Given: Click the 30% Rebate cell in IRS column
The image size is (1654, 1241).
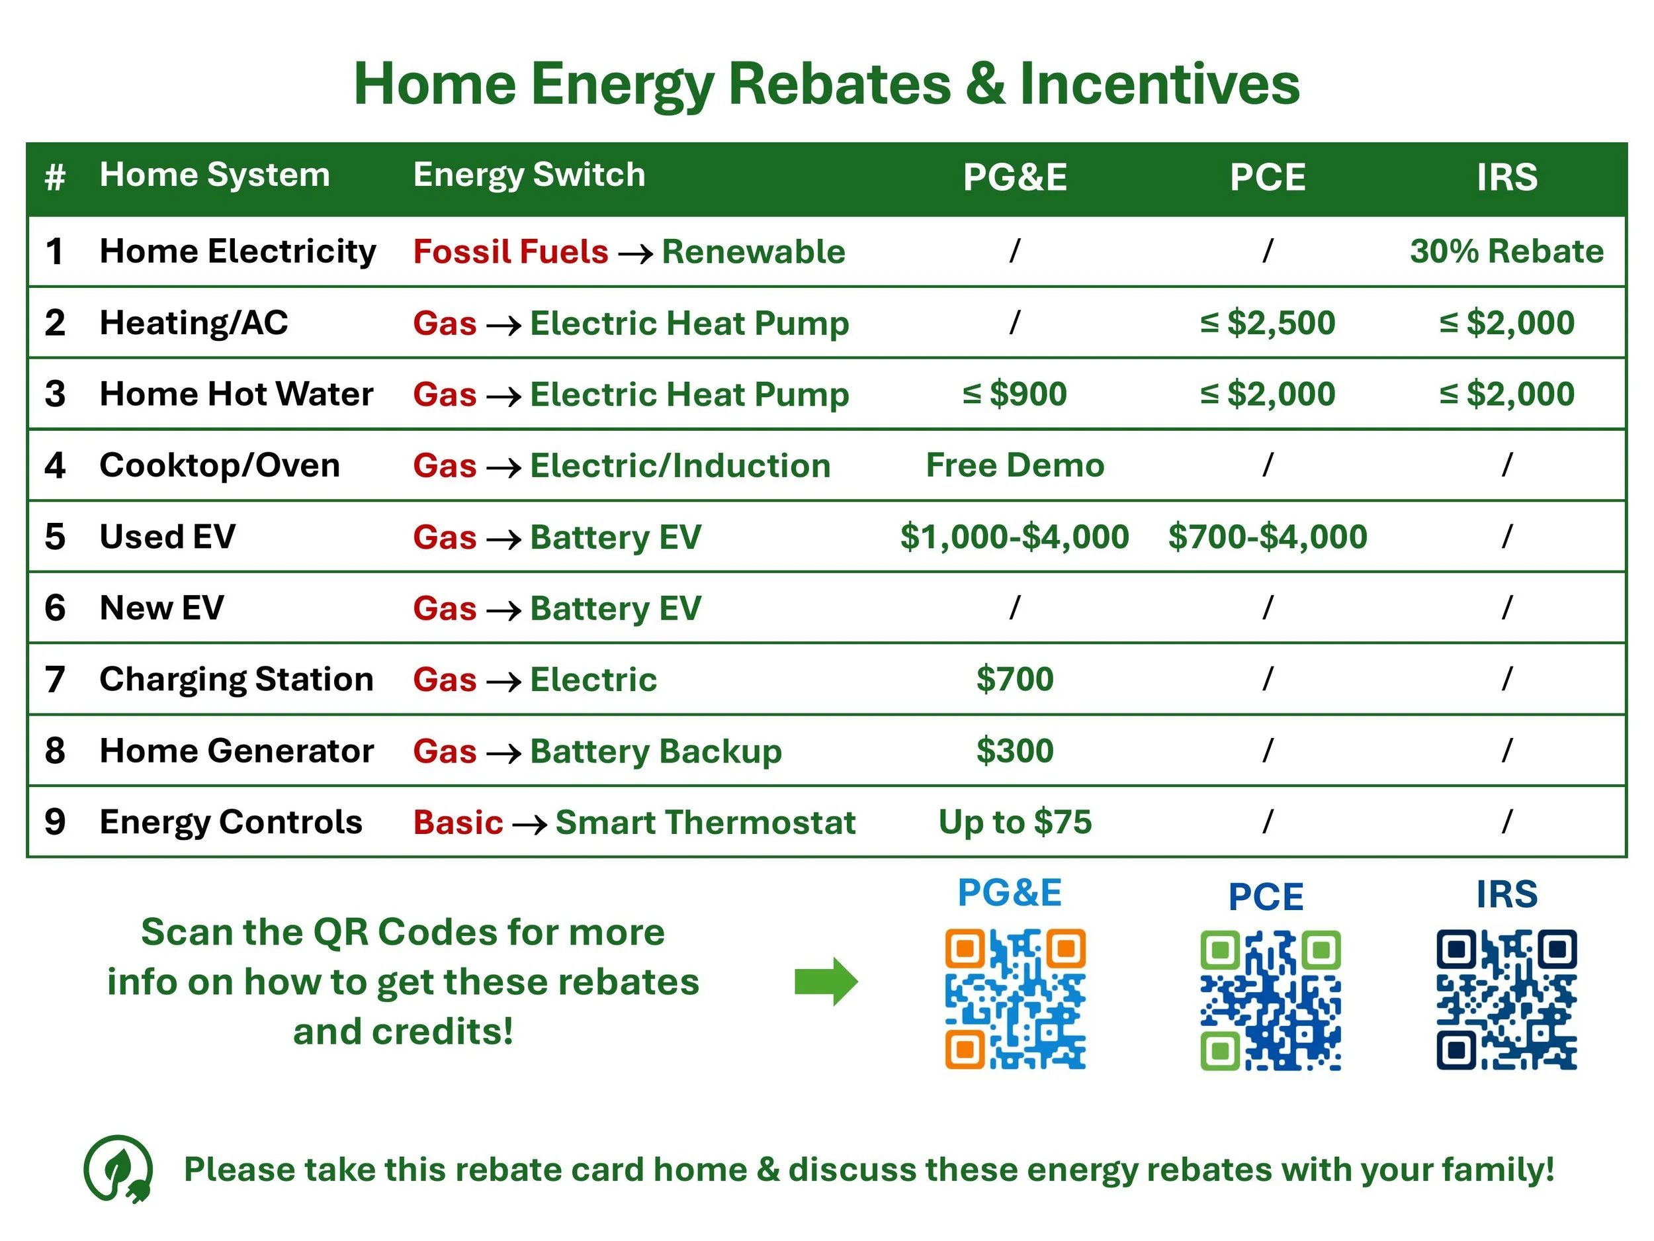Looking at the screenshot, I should click(1506, 252).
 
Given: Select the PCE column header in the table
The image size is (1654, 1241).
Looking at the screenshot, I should click(1268, 178).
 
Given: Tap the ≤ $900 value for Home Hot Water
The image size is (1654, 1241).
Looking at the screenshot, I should click(1014, 394).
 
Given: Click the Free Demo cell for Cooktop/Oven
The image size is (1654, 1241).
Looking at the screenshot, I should click(1015, 465).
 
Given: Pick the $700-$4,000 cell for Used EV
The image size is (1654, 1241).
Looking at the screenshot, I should click(1268, 537).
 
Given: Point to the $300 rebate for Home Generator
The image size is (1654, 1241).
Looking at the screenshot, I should click(1015, 751).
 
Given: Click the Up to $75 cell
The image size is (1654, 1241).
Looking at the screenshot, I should click(1015, 822).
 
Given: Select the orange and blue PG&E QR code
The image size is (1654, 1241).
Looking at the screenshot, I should click(1015, 999).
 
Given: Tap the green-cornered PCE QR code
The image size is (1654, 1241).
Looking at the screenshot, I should click(1270, 1000).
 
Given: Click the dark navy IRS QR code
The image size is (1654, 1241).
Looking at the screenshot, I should click(1506, 999).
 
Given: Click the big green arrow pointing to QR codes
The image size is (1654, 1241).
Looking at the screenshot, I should click(826, 982).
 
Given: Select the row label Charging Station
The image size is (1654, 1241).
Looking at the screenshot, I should click(236, 679).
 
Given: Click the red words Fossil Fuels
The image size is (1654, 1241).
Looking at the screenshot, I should click(511, 252).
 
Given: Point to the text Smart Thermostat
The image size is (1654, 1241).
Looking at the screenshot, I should click(705, 822).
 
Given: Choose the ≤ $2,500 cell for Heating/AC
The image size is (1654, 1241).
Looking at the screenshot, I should click(1268, 323).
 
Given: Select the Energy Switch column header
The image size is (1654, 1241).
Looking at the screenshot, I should click(529, 175).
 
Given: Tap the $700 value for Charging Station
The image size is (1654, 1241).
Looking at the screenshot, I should click(1015, 679).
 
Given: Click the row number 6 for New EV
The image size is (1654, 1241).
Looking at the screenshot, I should click(55, 608).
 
